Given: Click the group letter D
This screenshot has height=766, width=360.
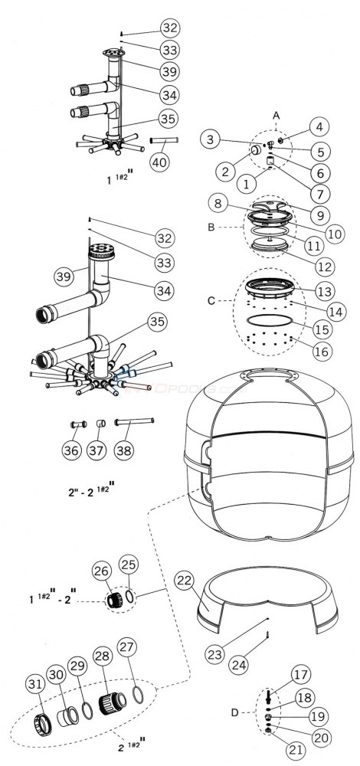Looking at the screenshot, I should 235,713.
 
